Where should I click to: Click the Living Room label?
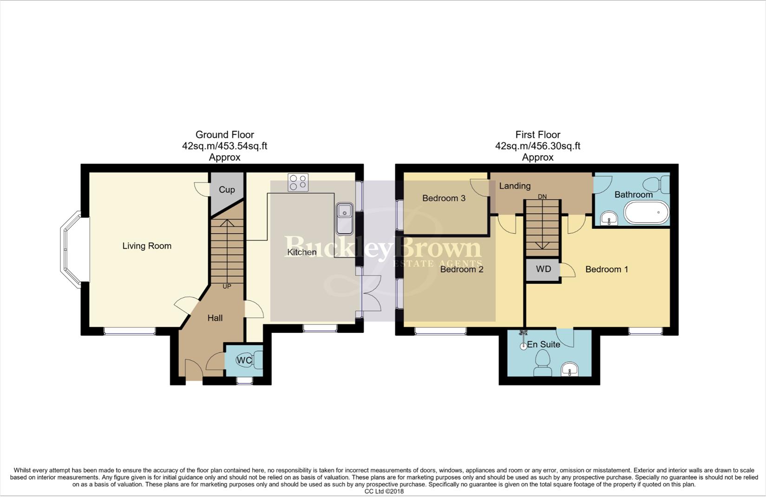point(147,246)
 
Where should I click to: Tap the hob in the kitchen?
point(298,182)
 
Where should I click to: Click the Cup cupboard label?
point(227,190)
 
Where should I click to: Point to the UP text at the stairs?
point(227,286)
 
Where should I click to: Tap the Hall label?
point(215,318)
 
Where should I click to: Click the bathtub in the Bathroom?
point(646,213)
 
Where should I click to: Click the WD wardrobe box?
point(543,270)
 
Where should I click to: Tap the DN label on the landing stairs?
point(542,197)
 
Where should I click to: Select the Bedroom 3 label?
point(444,198)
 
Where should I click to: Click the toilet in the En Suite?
point(542,363)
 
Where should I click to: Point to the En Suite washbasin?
point(570,370)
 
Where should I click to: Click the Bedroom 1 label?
point(606,270)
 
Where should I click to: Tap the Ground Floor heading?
point(224,135)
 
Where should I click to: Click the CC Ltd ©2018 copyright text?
point(384,491)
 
